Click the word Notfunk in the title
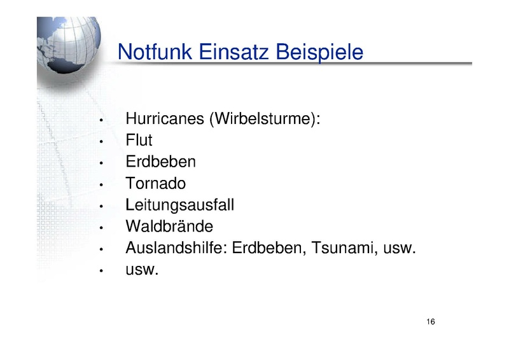click(155, 52)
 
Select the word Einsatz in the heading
click(234, 52)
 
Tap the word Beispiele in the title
click(319, 52)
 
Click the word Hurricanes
click(165, 118)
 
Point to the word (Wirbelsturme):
click(265, 118)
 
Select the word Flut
click(139, 140)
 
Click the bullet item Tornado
click(155, 183)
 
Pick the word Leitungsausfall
click(179, 205)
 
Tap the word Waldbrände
click(169, 226)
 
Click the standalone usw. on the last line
click(142, 270)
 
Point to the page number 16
click(431, 321)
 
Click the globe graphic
click(69, 45)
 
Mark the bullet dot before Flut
click(101, 142)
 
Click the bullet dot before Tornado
click(101, 185)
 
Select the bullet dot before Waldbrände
click(101, 228)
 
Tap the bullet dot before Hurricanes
click(101, 120)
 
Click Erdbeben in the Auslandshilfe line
click(269, 248)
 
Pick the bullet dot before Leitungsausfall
click(101, 207)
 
